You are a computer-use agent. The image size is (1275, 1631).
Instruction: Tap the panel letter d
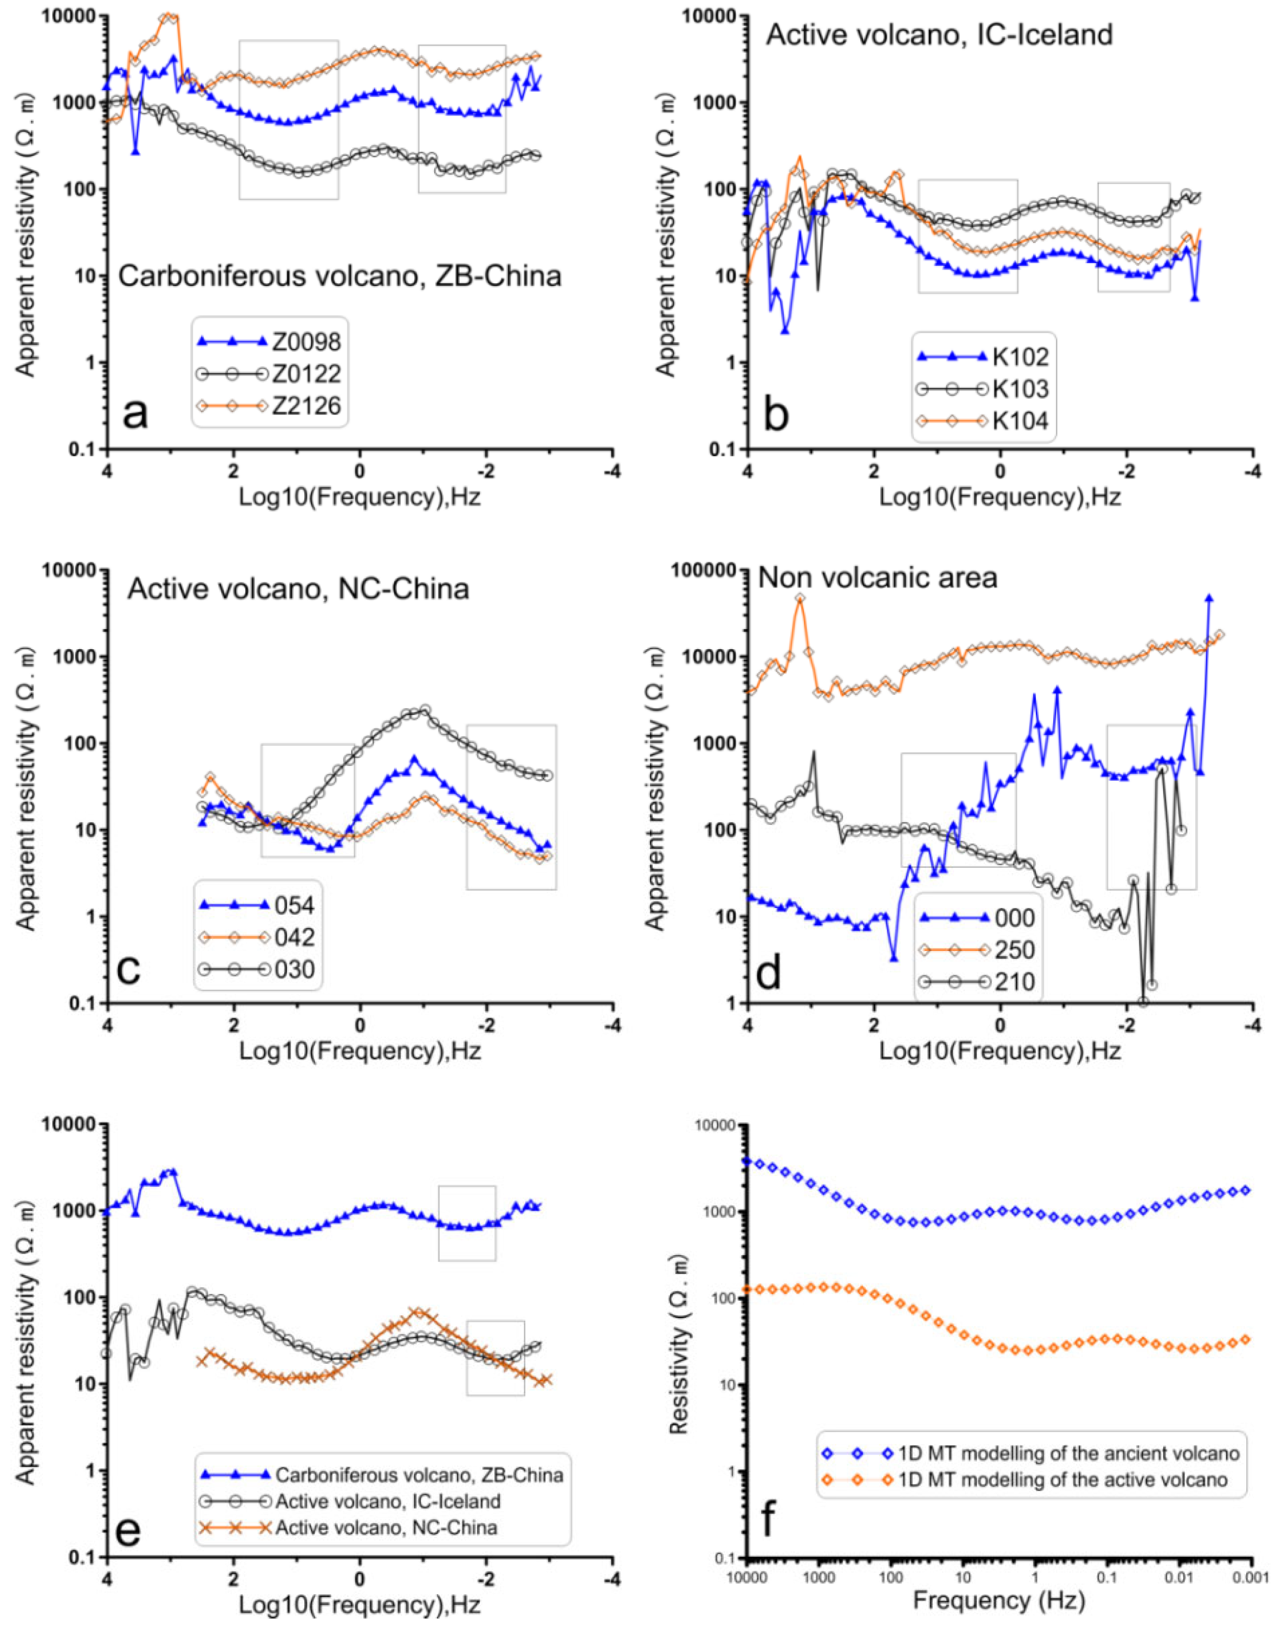[x=768, y=974]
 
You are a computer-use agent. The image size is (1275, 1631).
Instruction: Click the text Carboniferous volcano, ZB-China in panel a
[x=340, y=276]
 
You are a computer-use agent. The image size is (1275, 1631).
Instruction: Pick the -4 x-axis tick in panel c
[x=612, y=1027]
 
